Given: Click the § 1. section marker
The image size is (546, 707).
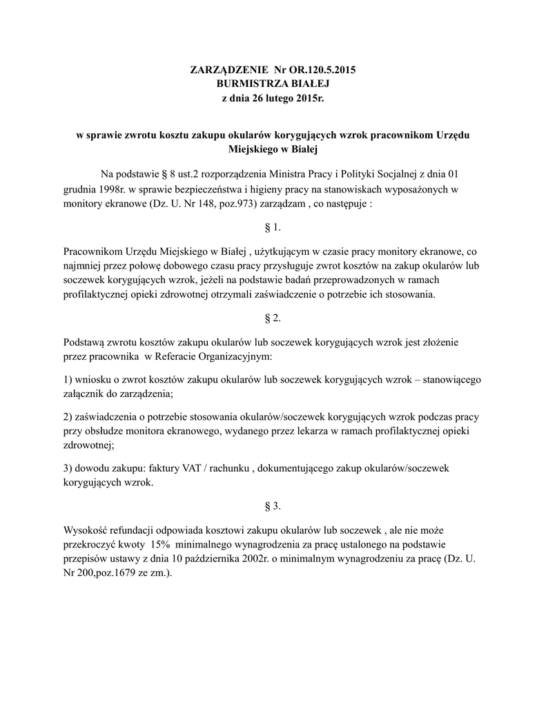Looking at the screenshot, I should tap(273, 227).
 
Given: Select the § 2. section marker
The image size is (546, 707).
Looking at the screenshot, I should tap(273, 318).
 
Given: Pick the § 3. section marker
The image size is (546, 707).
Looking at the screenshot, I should tap(273, 506).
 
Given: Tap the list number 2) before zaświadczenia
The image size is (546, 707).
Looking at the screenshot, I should tap(68, 418).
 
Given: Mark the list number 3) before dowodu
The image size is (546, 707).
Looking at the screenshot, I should tap(68, 469).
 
